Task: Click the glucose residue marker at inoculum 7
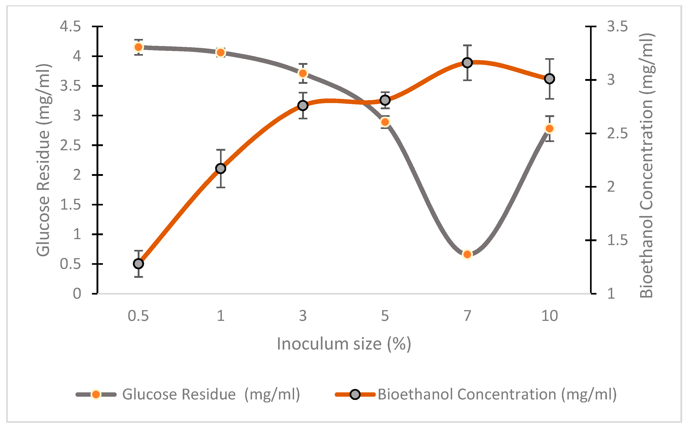467,254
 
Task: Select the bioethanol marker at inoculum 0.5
138,264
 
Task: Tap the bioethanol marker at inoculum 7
467,63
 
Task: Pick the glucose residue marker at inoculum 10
549,128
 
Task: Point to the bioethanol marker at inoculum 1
220,169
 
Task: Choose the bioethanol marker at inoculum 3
303,106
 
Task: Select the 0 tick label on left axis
77,294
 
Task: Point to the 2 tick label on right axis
611,187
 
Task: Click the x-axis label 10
549,316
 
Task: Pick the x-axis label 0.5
138,316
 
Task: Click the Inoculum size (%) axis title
344,344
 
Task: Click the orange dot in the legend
96,394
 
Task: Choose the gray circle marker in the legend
355,394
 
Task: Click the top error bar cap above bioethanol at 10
549,59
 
